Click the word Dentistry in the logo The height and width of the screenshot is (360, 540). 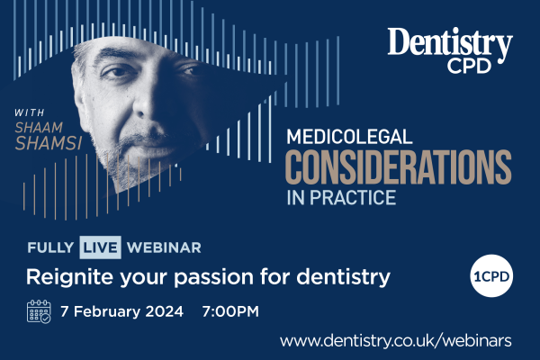tap(450, 44)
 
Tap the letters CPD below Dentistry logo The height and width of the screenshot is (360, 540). tap(469, 66)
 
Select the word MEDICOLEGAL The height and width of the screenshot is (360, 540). tap(349, 137)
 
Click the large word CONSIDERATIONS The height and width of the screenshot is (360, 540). tap(399, 167)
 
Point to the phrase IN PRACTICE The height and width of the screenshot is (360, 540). tap(341, 197)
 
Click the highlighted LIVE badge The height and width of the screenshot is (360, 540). tap(100, 247)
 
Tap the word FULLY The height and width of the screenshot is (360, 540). tap(50, 247)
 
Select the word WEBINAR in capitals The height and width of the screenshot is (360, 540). tap(164, 247)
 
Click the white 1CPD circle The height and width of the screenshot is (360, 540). tap(491, 276)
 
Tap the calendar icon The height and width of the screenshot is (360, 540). tap(39, 311)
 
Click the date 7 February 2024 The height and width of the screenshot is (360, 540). tap(121, 311)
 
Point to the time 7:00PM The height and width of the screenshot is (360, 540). tap(230, 311)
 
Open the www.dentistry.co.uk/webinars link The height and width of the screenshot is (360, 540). tap(396, 341)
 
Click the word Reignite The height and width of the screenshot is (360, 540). tap(69, 276)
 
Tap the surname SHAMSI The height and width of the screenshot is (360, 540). tap(49, 143)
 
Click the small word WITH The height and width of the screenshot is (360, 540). tap(30, 112)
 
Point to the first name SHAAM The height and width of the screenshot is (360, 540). tap(39, 128)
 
